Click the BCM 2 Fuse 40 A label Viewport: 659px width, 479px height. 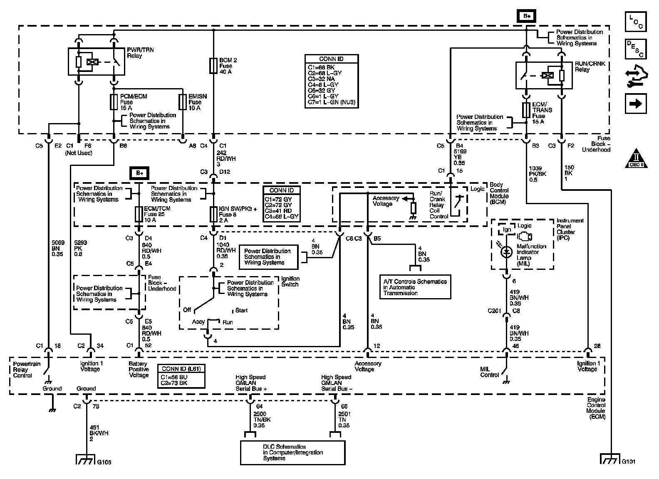[228, 66]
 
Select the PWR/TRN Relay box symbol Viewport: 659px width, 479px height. [96, 62]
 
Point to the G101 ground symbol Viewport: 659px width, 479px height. [610, 459]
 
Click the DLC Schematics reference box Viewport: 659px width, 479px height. [293, 452]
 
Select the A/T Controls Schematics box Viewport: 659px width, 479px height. [415, 287]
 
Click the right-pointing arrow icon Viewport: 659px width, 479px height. [635, 104]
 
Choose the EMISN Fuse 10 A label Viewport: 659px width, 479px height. [197, 102]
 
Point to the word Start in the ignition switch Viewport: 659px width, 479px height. [241, 310]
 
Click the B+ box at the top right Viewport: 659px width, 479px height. [527, 16]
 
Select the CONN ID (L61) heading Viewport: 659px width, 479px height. [181, 368]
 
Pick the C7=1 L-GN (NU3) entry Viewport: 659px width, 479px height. [332, 102]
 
